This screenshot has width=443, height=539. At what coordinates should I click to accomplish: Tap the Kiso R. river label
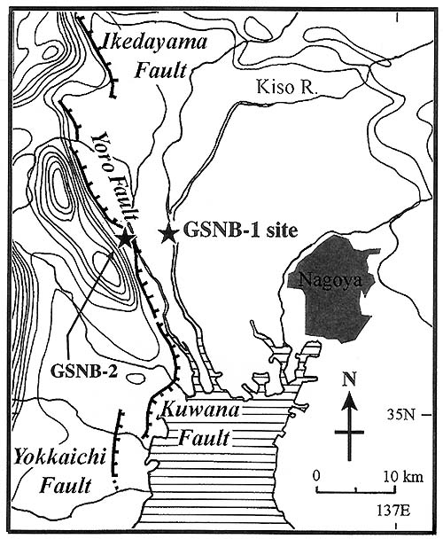(285, 87)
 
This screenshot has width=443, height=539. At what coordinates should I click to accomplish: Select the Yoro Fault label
(116, 178)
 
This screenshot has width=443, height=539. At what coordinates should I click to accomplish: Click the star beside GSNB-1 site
(168, 235)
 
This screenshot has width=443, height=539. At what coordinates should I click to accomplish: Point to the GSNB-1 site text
(241, 230)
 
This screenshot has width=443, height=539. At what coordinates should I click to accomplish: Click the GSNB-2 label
(84, 371)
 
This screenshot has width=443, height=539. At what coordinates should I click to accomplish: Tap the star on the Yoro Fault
(126, 239)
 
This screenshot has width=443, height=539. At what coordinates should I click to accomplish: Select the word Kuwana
(200, 410)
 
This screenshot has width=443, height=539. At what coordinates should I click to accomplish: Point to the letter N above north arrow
(349, 379)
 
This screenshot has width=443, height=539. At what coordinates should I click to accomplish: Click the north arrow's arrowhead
(349, 401)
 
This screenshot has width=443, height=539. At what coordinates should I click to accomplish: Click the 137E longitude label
(393, 511)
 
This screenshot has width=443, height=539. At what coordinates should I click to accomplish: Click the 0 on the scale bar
(316, 476)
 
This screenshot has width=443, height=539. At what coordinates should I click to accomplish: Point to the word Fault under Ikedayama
(160, 71)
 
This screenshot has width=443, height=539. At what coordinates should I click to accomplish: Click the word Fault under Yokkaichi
(66, 487)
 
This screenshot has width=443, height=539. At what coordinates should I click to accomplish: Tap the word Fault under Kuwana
(204, 438)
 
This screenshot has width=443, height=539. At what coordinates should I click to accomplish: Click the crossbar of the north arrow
(349, 432)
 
